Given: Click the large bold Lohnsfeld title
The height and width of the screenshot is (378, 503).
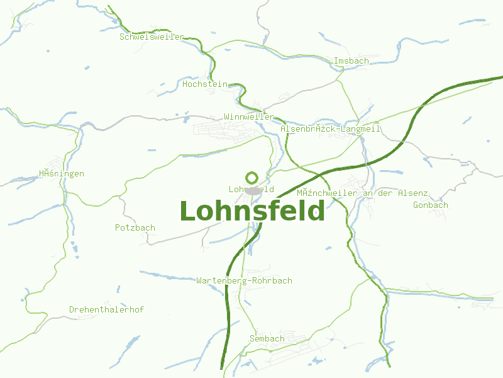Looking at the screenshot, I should [x=252, y=211].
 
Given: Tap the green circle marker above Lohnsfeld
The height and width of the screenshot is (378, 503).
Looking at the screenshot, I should [x=252, y=178].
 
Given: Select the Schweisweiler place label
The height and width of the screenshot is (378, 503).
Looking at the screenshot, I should [x=152, y=37].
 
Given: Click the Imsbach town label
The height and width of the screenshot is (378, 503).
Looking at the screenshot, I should [x=351, y=60].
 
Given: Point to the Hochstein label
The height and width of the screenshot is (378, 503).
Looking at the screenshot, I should [x=204, y=83].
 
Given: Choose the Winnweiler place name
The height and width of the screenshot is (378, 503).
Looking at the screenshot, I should [x=248, y=117].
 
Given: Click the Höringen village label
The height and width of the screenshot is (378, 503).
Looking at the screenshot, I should [x=61, y=173].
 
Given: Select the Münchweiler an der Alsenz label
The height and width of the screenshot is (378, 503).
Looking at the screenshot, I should [x=362, y=193].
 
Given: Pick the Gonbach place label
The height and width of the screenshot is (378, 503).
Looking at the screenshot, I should [x=431, y=205].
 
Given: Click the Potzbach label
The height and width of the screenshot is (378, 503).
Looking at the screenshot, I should [x=135, y=227].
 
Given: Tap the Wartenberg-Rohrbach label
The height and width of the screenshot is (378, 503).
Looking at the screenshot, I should [x=244, y=280].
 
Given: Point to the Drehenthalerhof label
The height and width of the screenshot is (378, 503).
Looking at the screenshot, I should [x=106, y=309].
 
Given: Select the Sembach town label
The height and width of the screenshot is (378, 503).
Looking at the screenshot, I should [x=267, y=338].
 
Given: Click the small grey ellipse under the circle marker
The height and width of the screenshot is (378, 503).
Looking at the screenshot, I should [x=253, y=190].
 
